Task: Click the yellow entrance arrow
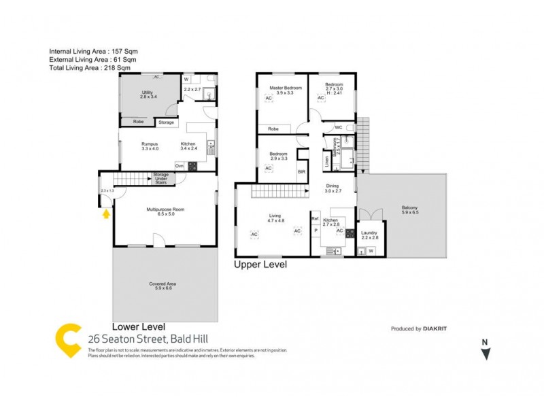(105, 214)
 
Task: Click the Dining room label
(333, 186)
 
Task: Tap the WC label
(338, 127)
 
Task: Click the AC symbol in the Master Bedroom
(268, 99)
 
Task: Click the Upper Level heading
(260, 265)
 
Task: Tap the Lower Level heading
(138, 326)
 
